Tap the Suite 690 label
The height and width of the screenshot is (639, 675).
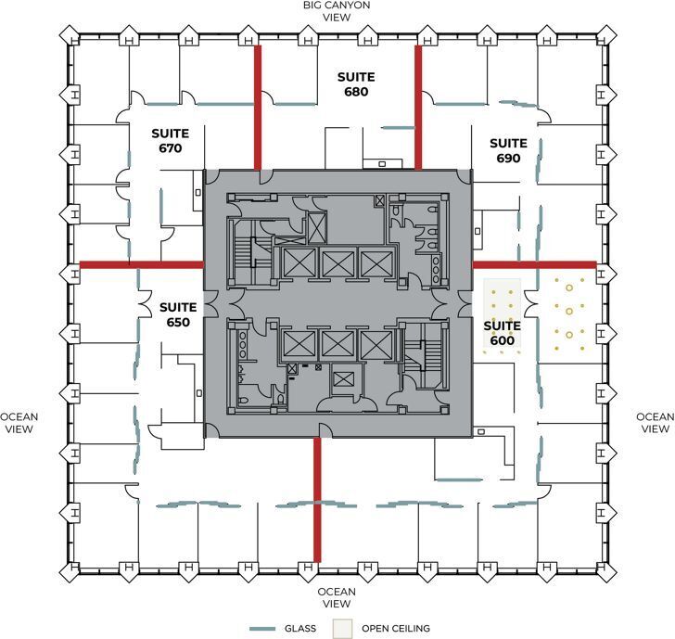pos(508,150)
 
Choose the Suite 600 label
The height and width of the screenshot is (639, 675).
pos(502,333)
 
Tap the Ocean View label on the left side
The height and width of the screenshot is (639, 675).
pos(19,423)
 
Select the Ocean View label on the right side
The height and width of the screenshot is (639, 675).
pos(655,423)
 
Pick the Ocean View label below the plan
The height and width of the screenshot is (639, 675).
pos(337,598)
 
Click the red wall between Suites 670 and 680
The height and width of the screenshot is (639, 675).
pos(259,107)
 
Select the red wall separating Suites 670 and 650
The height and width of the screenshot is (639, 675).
pos(142,264)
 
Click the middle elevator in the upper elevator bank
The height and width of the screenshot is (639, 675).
pos(337,263)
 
